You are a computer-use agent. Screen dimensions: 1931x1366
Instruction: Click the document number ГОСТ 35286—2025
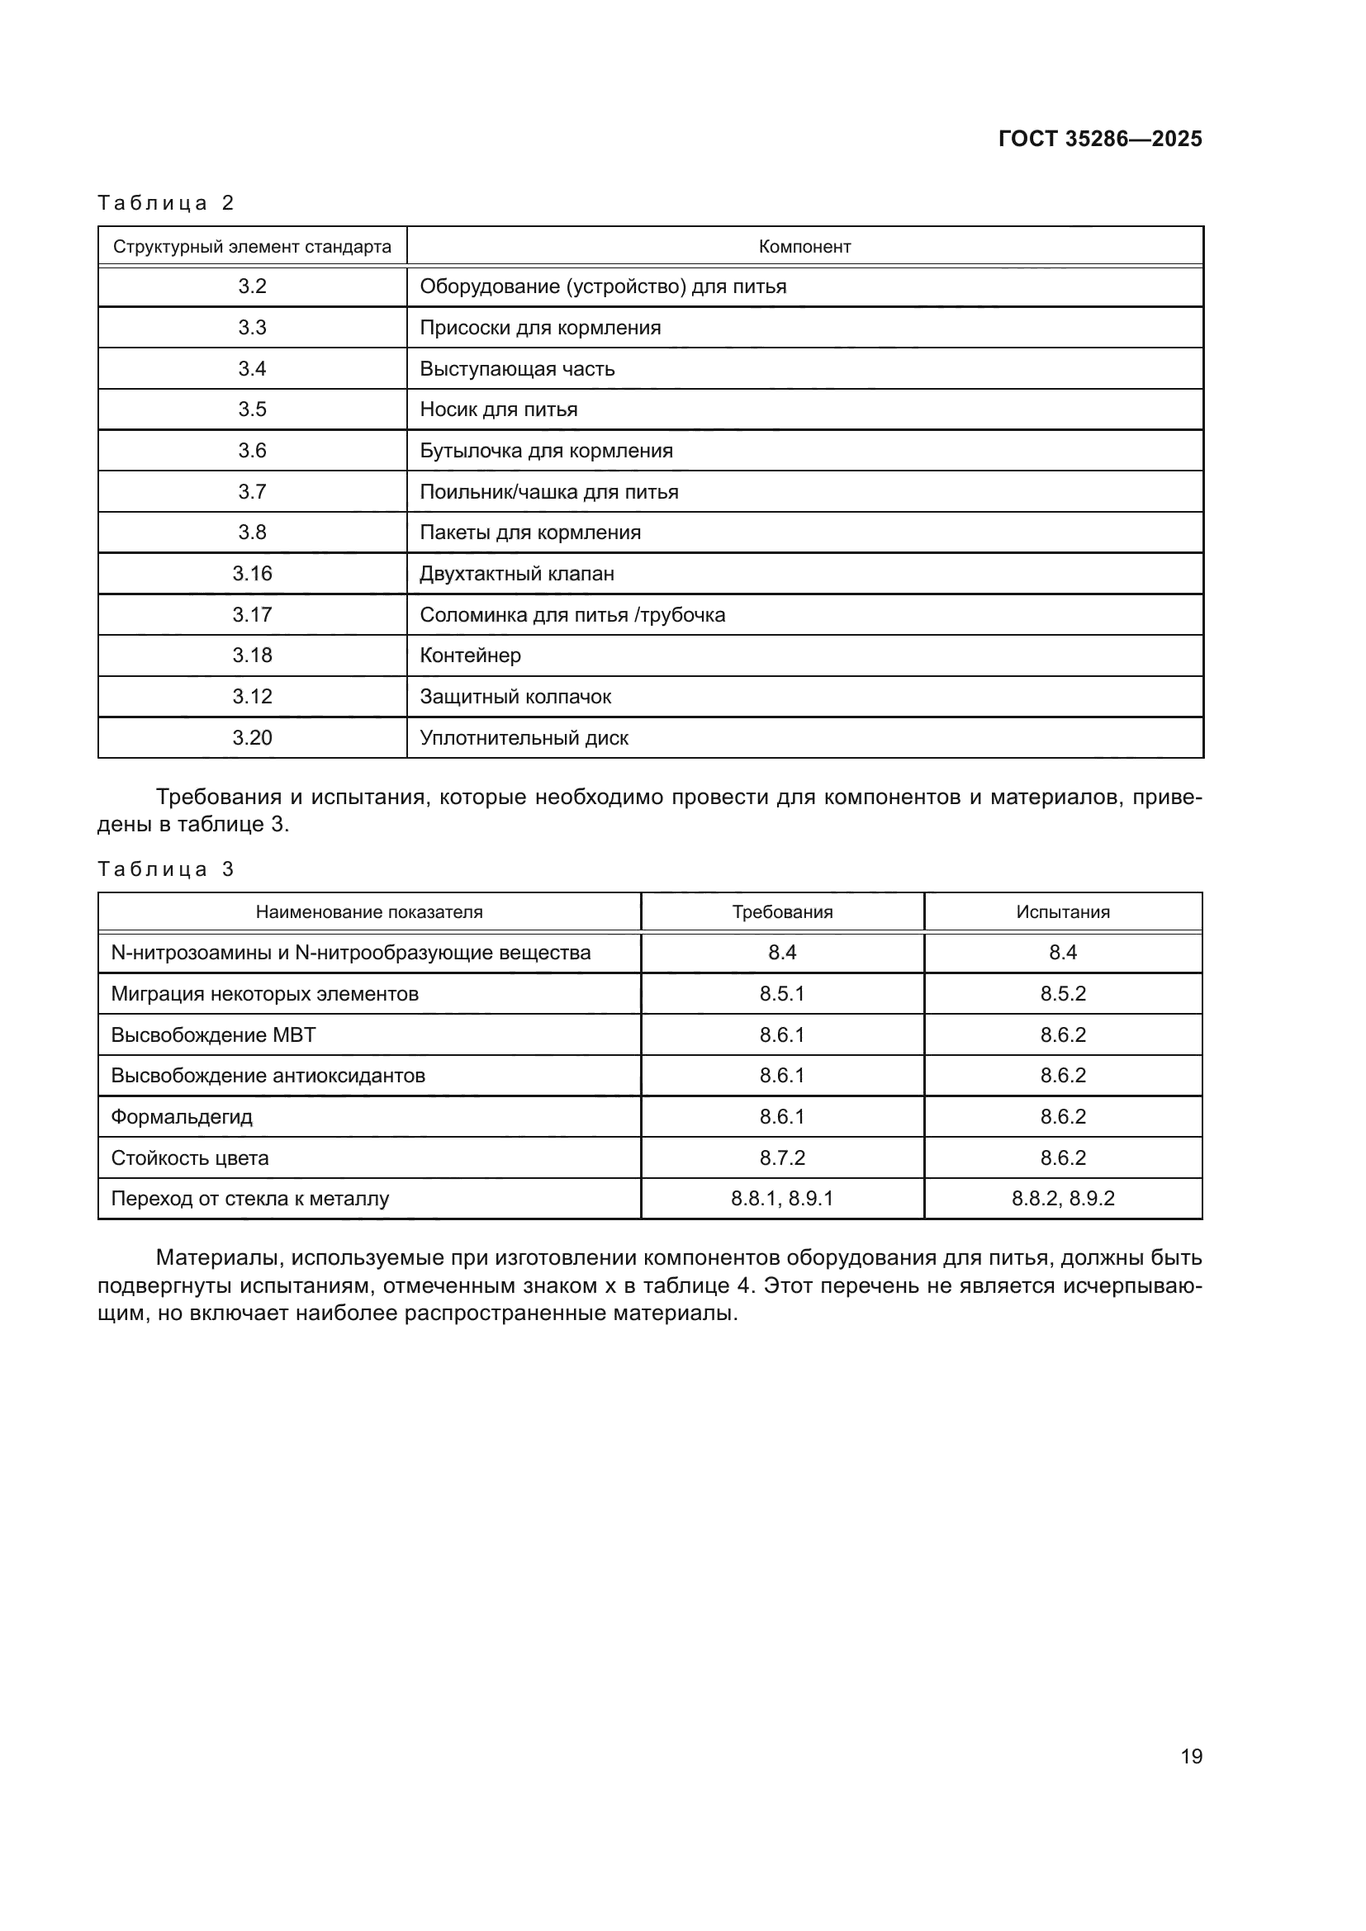[1099, 139]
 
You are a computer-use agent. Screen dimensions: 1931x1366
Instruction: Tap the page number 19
[1191, 1756]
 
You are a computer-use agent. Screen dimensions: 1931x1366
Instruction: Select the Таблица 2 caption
[166, 203]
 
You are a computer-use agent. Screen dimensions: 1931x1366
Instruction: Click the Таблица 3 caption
[166, 868]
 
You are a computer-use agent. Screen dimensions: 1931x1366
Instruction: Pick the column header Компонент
[804, 246]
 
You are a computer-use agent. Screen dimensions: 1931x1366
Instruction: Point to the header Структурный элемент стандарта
[252, 246]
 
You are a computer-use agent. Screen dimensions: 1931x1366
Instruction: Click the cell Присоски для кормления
[540, 327]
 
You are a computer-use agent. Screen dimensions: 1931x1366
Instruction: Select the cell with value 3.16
[252, 574]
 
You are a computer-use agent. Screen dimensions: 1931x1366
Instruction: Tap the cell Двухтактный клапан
[516, 574]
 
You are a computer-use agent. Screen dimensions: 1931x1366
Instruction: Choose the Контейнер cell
[470, 655]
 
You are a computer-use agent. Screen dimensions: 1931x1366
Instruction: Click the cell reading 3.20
[252, 737]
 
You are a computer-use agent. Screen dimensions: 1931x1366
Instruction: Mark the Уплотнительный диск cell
[524, 737]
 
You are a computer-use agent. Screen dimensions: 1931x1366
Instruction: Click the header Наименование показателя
[369, 911]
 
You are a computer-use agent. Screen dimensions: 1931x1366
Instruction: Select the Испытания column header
[1062, 911]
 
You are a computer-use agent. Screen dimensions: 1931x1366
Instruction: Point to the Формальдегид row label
[182, 1117]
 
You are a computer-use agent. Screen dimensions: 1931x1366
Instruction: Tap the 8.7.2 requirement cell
[781, 1158]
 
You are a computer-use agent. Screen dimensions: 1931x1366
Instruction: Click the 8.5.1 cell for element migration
[781, 994]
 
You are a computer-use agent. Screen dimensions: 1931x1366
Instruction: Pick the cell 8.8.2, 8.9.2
[1062, 1199]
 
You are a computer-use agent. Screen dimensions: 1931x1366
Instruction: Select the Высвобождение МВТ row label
[214, 1034]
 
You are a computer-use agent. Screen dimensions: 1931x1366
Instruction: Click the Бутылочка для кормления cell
[546, 451]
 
